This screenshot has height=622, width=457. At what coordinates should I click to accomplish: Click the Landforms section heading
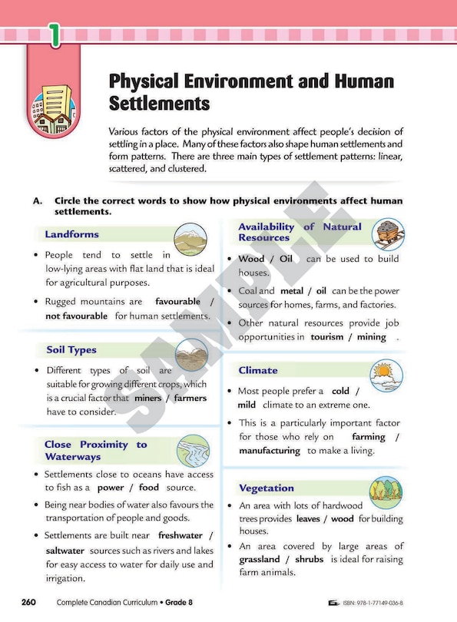71,234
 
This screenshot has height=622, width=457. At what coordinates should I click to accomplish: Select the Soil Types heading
71,350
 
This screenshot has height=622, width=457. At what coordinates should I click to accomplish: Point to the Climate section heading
258,370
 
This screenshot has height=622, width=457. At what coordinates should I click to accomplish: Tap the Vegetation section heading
266,488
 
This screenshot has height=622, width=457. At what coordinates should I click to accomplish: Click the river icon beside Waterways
193,450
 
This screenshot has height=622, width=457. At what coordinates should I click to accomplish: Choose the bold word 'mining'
372,337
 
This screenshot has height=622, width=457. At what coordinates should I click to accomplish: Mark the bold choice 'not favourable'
76,316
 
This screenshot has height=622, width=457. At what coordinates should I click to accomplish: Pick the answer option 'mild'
247,405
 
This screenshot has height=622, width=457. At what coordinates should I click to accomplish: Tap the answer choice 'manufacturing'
269,451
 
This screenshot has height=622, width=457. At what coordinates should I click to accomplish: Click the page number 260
28,602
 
